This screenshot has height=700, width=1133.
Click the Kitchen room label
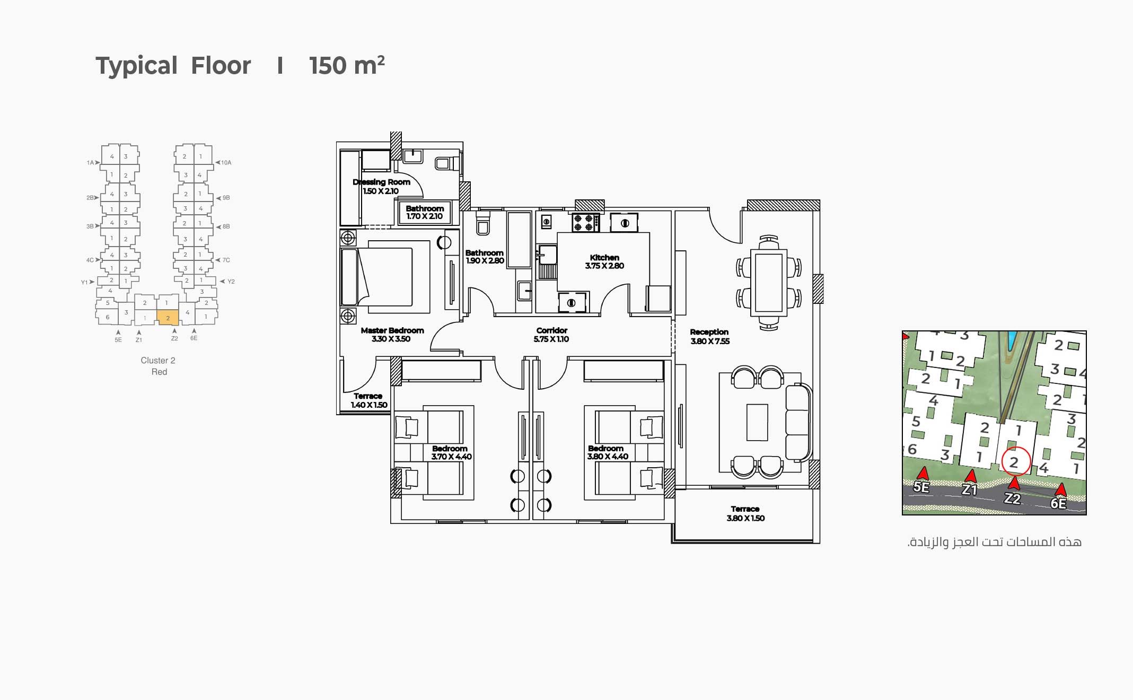tap(604, 257)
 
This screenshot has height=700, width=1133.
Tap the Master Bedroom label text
tap(392, 330)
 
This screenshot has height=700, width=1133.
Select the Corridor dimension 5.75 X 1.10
tap(551, 339)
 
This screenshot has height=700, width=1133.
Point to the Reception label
tap(709, 332)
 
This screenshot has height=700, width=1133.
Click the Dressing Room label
tap(381, 182)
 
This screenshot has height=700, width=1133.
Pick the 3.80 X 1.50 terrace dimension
tap(745, 518)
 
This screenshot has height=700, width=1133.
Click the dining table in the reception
tap(769, 283)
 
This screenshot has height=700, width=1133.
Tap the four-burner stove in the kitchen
tap(585, 222)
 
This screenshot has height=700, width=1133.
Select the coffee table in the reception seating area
tap(757, 422)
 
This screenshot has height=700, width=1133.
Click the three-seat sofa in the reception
tap(798, 422)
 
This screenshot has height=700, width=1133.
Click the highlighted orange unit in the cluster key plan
tap(168, 317)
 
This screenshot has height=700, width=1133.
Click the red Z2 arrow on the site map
tap(1014, 483)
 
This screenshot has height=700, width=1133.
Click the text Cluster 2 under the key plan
tap(158, 361)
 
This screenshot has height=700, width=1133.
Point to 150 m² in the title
tap(347, 66)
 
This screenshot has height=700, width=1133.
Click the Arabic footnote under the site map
tap(995, 542)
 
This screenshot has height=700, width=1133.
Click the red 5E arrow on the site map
tap(923, 474)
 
